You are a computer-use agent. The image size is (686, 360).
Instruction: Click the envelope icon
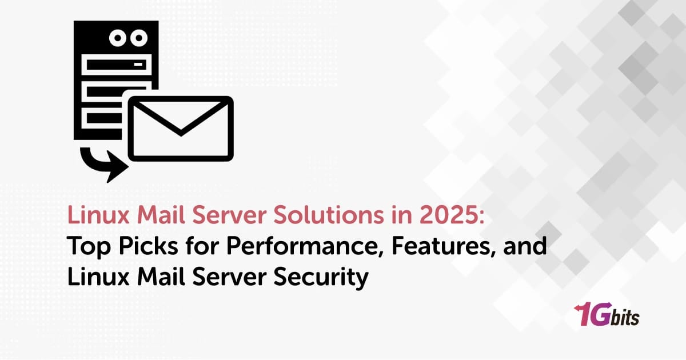tap(180, 129)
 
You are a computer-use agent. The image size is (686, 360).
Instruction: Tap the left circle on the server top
tap(116, 38)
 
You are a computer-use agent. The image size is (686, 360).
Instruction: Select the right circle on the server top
tap(137, 38)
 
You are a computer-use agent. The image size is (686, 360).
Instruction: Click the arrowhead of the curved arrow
tap(114, 167)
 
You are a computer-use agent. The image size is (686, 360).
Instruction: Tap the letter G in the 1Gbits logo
tap(604, 315)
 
